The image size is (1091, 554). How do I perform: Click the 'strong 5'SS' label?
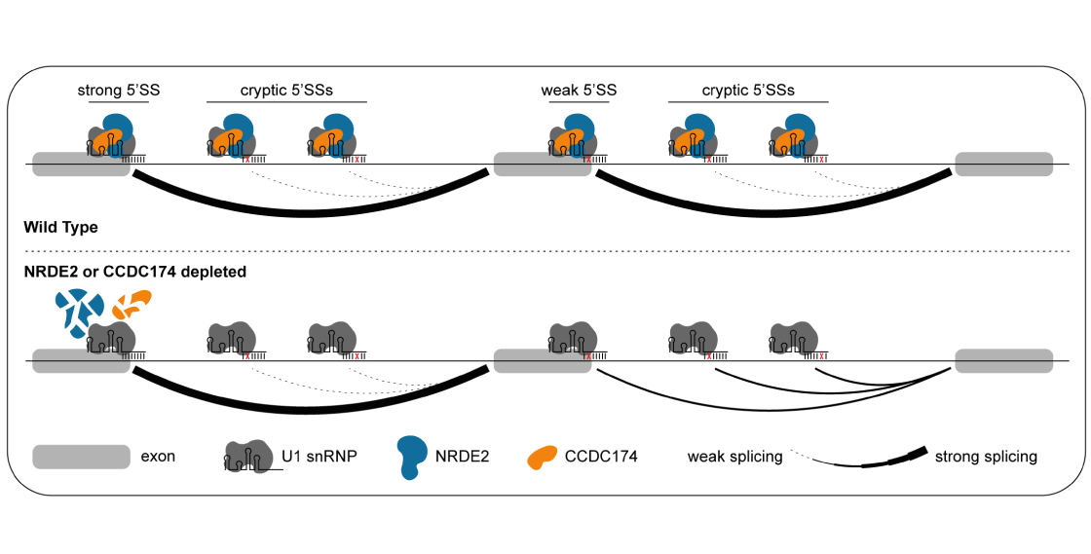[x=119, y=91]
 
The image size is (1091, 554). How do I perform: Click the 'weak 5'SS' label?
[x=579, y=91]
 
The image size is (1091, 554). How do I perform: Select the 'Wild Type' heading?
[x=60, y=227]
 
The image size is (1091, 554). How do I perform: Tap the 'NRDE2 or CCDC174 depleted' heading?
[x=134, y=272]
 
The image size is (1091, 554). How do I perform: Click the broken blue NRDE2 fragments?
[x=77, y=311]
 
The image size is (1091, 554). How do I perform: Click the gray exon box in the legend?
[x=81, y=457]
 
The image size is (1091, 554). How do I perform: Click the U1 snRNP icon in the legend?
[x=248, y=456]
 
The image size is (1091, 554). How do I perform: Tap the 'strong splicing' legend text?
[x=985, y=456]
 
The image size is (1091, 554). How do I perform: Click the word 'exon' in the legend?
[x=159, y=456]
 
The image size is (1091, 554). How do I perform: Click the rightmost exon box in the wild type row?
[x=1003, y=164]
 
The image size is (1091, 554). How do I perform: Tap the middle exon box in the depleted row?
[x=543, y=360]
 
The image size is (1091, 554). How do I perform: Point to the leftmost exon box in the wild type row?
[x=81, y=164]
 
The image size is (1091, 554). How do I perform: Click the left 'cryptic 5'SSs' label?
[x=286, y=91]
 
